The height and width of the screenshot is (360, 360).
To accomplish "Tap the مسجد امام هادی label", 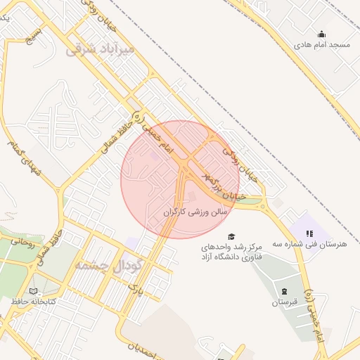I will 322,44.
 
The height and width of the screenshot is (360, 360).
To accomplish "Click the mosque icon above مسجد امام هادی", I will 322,33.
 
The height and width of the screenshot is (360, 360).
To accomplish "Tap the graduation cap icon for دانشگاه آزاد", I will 231,236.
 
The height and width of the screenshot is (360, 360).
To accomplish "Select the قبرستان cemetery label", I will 285,302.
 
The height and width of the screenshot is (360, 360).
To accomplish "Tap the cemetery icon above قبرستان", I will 284,290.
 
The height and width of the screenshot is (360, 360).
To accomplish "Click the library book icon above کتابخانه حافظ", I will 34,290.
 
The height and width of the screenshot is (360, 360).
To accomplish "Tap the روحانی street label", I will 22,243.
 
